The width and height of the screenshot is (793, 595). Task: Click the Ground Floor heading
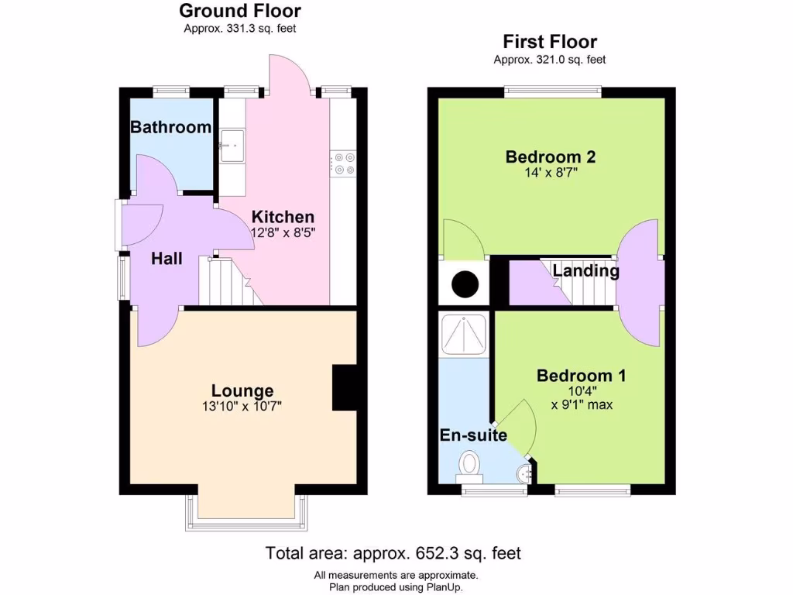240,11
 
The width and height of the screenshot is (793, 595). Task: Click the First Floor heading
550,42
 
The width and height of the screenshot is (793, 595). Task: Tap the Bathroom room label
170,127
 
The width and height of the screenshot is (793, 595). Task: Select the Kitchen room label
283,217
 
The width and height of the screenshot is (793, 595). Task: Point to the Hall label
166,258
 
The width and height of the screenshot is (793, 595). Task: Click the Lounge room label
242,391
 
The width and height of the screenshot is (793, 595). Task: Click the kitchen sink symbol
231,146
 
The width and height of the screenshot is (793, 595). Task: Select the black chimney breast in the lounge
344,387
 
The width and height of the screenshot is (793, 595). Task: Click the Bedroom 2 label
550,157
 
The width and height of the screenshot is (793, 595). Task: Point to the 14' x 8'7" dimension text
550,174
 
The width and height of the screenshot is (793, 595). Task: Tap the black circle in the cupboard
465,284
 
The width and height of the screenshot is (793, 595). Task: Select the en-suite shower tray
464,334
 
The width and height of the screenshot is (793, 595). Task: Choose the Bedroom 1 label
582,376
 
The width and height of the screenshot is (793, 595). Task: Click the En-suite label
473,435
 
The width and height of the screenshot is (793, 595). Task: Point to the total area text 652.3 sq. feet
393,553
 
